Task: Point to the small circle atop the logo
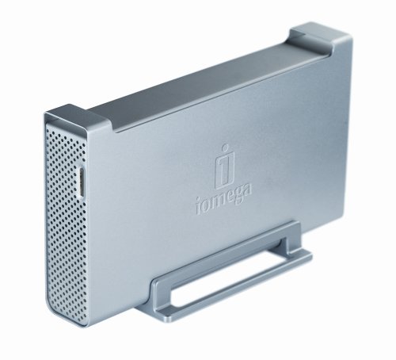225,147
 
